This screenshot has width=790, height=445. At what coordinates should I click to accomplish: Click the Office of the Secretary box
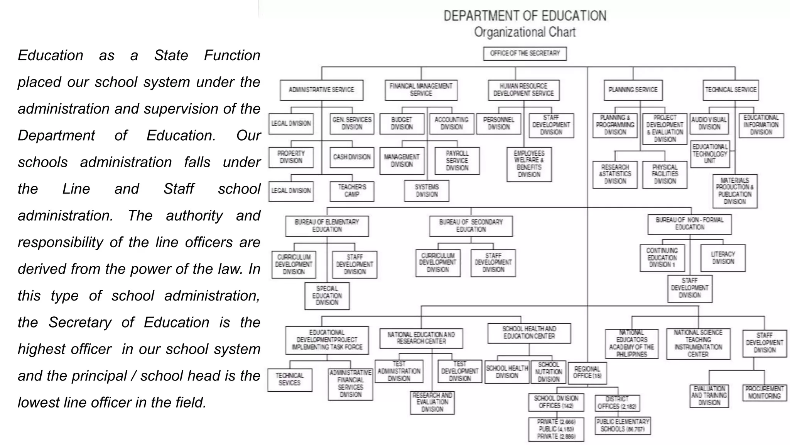525,53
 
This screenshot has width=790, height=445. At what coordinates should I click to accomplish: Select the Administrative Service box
321,90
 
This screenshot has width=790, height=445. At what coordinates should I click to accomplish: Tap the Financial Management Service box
421,90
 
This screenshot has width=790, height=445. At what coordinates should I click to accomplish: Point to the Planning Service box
633,90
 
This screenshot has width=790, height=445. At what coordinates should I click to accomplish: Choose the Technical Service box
731,90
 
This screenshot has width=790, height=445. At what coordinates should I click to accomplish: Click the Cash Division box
352,157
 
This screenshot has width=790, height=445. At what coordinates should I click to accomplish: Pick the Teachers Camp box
352,191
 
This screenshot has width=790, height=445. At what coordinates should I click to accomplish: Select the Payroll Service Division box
457,161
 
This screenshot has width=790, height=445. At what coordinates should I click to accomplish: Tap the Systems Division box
427,191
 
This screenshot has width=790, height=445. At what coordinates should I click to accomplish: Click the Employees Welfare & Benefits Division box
529,164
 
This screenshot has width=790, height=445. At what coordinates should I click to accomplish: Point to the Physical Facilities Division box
665,174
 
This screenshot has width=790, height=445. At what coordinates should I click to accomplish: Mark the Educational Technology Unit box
710,154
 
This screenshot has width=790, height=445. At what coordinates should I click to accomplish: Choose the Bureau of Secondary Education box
471,226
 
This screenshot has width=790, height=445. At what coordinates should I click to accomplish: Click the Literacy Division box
723,258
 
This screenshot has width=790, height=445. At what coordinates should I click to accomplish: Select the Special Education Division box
327,296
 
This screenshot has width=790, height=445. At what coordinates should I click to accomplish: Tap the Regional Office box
587,372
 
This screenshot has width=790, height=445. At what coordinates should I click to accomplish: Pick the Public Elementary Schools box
623,425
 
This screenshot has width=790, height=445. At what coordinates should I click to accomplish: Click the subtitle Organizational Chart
525,32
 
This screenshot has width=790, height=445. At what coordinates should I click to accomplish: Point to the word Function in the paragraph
232,55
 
